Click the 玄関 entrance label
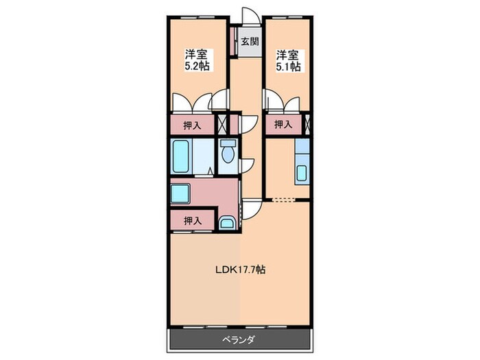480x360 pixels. pos(250,41)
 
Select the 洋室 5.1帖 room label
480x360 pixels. pos(288,60)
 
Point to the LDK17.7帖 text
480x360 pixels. pos(240,269)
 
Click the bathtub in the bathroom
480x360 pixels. pos(180,156)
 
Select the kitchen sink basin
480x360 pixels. pos(302,173)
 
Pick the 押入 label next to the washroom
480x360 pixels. pos(193,220)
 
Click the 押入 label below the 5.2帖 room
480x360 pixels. pos(192,125)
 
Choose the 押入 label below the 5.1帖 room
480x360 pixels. pos(283,124)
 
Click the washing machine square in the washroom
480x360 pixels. pos(180,194)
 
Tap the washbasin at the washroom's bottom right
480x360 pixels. pos(228,223)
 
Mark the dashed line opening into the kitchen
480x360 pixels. pos(283,200)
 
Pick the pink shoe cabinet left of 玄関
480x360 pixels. pos(235,41)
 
